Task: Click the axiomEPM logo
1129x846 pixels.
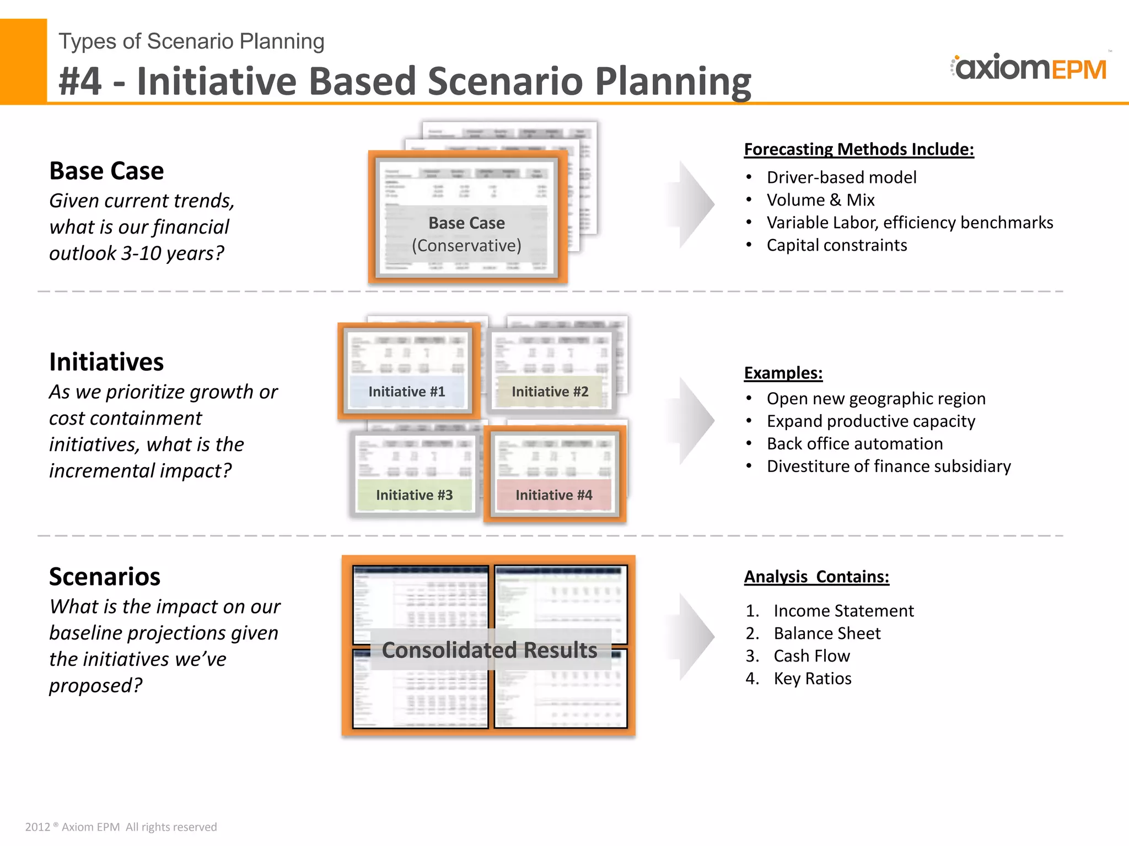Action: (1029, 68)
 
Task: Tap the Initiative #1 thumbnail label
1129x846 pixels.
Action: (407, 392)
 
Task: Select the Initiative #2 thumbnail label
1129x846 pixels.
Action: (550, 392)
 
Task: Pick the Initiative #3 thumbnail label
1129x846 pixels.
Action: (415, 495)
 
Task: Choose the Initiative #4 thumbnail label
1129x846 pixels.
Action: (554, 495)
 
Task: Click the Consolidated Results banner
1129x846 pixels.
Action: (490, 650)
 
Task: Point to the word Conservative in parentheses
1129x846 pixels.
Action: (466, 246)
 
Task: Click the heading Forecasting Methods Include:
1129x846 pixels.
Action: (859, 149)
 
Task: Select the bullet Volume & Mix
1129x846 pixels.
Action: (820, 200)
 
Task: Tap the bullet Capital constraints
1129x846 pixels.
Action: (836, 245)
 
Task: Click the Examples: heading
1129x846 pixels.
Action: (783, 373)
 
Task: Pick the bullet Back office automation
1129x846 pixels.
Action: (854, 444)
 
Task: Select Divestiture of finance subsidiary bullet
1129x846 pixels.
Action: (889, 467)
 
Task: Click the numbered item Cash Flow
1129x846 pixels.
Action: (811, 656)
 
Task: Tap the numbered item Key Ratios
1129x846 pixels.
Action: (812, 679)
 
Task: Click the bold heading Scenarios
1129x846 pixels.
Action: (105, 577)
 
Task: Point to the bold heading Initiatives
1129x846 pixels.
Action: (106, 362)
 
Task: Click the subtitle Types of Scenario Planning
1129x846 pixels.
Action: (191, 41)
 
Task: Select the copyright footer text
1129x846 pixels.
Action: (121, 827)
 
